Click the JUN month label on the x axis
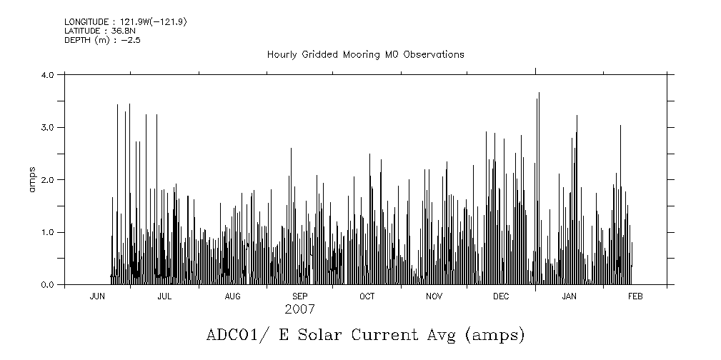point(98,296)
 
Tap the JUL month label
point(164,296)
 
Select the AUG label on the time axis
point(232,296)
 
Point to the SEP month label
point(299,296)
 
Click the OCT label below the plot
point(367,296)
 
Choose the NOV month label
point(434,296)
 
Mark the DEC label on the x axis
point(501,296)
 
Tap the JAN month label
point(569,296)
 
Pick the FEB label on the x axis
point(635,296)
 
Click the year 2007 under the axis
point(299,309)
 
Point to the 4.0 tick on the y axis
point(48,74)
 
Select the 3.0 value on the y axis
point(48,127)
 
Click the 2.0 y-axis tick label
point(48,180)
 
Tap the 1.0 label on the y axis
point(48,232)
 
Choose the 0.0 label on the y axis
point(48,285)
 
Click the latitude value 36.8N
point(116,31)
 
